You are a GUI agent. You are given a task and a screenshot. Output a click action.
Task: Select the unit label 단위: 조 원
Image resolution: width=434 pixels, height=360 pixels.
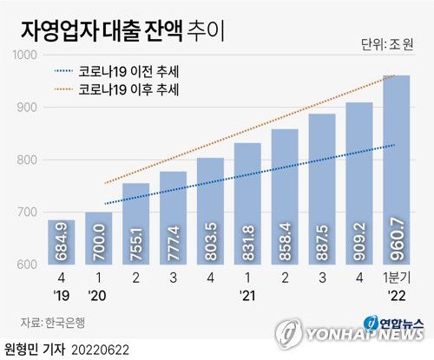(387, 44)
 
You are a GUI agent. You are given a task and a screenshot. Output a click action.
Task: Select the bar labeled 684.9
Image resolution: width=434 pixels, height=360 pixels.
(61, 243)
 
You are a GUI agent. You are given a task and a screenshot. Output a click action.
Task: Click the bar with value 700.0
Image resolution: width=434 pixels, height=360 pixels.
(98, 239)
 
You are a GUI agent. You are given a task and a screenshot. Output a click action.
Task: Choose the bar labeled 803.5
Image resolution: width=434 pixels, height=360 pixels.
(210, 212)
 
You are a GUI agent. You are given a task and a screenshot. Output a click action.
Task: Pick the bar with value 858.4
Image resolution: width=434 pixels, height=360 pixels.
(285, 197)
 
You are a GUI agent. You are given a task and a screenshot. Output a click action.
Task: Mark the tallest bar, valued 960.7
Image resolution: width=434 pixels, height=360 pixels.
(397, 170)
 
